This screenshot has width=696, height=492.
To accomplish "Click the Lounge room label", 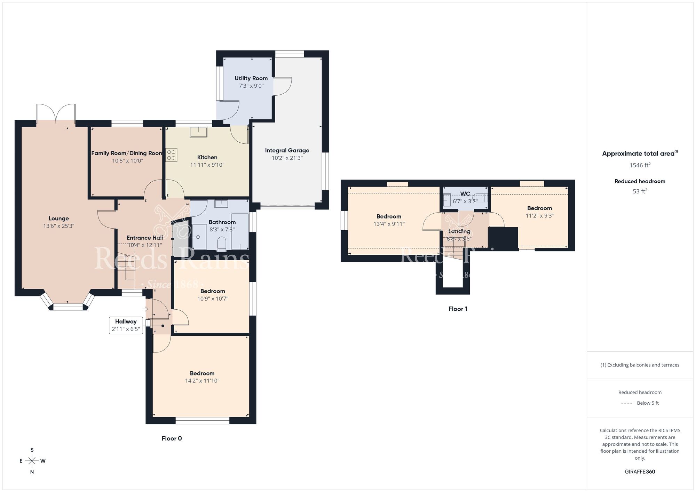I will click(58, 219).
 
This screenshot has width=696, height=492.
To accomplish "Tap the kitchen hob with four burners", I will click(171, 155).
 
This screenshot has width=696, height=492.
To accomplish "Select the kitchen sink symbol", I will click(199, 132).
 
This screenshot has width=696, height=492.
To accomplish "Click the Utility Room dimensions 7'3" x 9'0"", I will click(251, 86).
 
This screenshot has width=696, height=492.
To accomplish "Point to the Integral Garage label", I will click(287, 150).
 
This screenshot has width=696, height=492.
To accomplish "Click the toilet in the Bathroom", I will click(221, 243).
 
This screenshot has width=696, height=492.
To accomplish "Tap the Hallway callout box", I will click(126, 325).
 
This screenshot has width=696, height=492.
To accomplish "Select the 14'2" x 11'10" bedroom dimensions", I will click(202, 381).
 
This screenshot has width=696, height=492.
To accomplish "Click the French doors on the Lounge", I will click(56, 113).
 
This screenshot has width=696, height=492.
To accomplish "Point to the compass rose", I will click(32, 461).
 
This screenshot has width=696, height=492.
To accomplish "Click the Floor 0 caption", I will click(172, 438).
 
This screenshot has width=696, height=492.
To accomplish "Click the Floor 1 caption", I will click(458, 309).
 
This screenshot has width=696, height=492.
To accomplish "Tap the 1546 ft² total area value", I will click(640, 165).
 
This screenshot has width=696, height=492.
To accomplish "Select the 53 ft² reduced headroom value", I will click(640, 191).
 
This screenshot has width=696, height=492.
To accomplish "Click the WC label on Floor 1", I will click(465, 194).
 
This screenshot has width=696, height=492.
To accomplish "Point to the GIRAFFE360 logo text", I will click(640, 472).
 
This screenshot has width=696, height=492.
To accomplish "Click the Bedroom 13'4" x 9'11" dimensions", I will click(389, 224).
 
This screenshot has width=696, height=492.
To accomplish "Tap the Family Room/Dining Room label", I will click(127, 153).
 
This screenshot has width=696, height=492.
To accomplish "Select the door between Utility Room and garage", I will click(282, 86).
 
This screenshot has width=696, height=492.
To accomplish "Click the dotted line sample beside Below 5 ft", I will click(627, 403).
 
